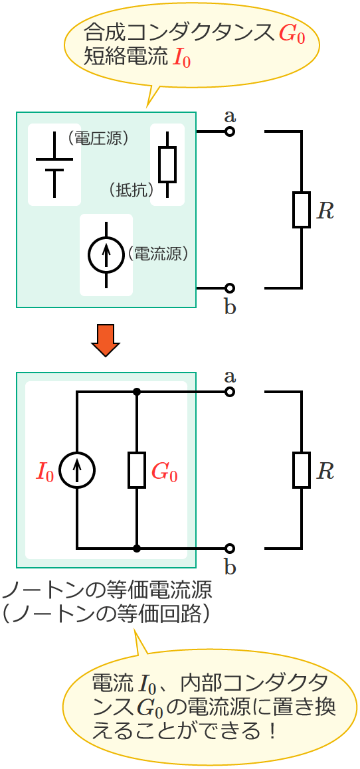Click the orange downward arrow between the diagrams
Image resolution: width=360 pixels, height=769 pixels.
[106, 339]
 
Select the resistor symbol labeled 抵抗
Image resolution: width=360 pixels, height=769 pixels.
[167, 165]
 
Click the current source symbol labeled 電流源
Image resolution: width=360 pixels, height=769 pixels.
[106, 254]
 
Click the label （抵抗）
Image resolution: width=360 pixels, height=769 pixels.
[131, 190]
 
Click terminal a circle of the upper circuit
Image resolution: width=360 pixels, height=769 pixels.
[229, 131]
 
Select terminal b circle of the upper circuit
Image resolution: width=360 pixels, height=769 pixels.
[229, 288]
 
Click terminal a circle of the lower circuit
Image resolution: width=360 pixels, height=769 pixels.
[229, 392]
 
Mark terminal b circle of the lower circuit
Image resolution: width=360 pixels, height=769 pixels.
[229, 549]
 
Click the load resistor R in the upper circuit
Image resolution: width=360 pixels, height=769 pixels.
[302, 210]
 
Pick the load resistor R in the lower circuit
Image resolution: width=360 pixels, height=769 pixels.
[302, 470]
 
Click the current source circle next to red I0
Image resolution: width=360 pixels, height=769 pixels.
[77, 470]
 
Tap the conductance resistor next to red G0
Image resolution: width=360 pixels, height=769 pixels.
[136, 470]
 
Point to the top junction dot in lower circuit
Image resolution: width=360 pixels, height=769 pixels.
[136, 392]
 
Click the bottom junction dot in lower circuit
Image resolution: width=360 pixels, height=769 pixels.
[136, 549]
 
